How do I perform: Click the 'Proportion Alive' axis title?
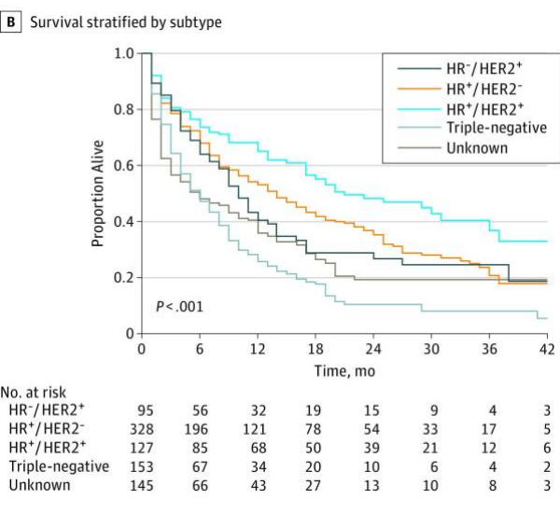[x=98, y=193]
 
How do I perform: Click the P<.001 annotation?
[x=179, y=306]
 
